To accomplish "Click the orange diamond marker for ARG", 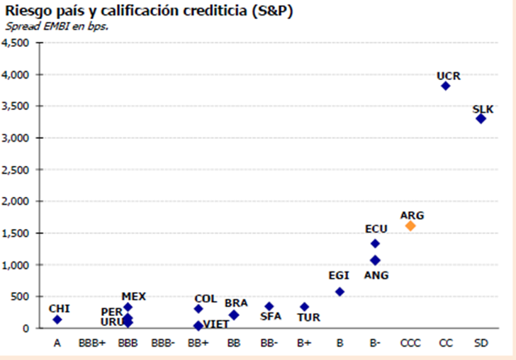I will tap(410, 226).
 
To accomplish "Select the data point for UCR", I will tap(446, 86).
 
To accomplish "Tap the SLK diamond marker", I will tap(481, 118).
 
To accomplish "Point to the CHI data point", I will tap(57, 320).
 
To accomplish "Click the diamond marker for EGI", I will tap(340, 291).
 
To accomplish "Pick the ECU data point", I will tap(375, 243).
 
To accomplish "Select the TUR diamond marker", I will tap(304, 307).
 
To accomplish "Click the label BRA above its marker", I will tap(236, 303).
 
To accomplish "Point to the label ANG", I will tap(376, 275).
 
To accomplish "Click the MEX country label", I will tap(133, 296).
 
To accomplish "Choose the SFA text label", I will tap(271, 317).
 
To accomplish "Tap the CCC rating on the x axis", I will tap(410, 343).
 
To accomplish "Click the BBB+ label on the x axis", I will tap(92, 343).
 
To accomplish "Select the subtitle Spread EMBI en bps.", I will tap(61, 26).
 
